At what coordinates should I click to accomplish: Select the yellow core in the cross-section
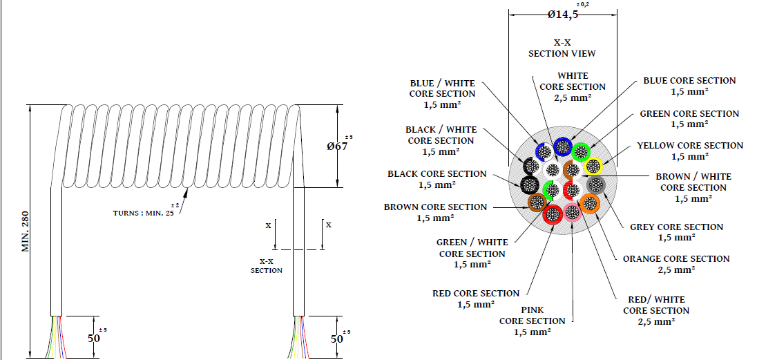[593, 166]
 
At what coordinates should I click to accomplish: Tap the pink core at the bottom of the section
[573, 212]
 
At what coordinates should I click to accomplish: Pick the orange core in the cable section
[589, 203]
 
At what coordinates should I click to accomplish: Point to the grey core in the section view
[595, 184]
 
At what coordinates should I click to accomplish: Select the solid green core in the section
[582, 151]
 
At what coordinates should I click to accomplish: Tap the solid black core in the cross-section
[530, 184]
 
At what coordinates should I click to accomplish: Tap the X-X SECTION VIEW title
[562, 48]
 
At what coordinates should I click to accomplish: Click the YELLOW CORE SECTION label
[689, 151]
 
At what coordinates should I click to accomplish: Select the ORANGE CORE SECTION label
[675, 264]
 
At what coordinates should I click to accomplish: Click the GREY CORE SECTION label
[676, 232]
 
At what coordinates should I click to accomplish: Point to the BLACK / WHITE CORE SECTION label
[441, 140]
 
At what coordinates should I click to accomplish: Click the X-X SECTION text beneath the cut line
[266, 266]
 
